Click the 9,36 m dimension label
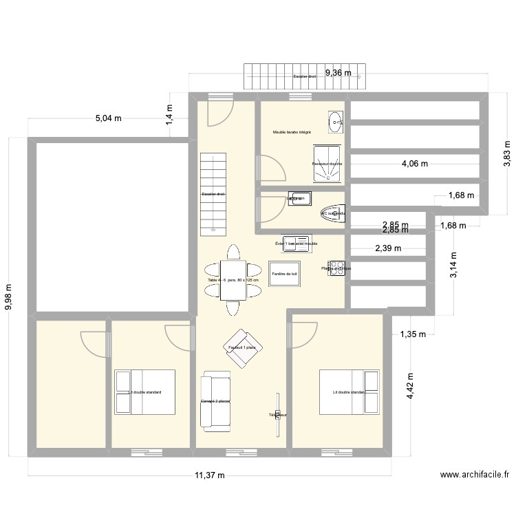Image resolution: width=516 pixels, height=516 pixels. point(338,72)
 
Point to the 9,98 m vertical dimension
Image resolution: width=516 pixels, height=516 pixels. point(9,297)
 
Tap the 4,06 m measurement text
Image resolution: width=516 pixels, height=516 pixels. point(415,164)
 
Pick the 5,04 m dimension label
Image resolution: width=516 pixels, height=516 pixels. point(108,118)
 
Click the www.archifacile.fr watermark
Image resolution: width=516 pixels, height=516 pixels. point(475,475)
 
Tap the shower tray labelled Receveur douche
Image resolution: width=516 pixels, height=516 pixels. point(327,164)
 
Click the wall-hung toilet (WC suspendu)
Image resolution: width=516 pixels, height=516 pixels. point(333,214)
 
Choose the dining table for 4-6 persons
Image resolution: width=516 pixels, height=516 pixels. point(233,280)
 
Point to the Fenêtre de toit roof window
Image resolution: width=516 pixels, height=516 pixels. point(284,274)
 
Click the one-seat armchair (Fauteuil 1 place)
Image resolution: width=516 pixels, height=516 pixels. point(241,347)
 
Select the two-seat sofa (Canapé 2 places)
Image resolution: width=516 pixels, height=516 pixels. point(215,401)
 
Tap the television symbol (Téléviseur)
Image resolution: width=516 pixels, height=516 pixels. point(278,415)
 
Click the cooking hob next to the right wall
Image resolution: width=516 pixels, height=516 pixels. point(336,268)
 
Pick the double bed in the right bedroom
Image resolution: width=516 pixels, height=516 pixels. point(349,392)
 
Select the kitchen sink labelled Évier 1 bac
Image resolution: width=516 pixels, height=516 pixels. point(297,244)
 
